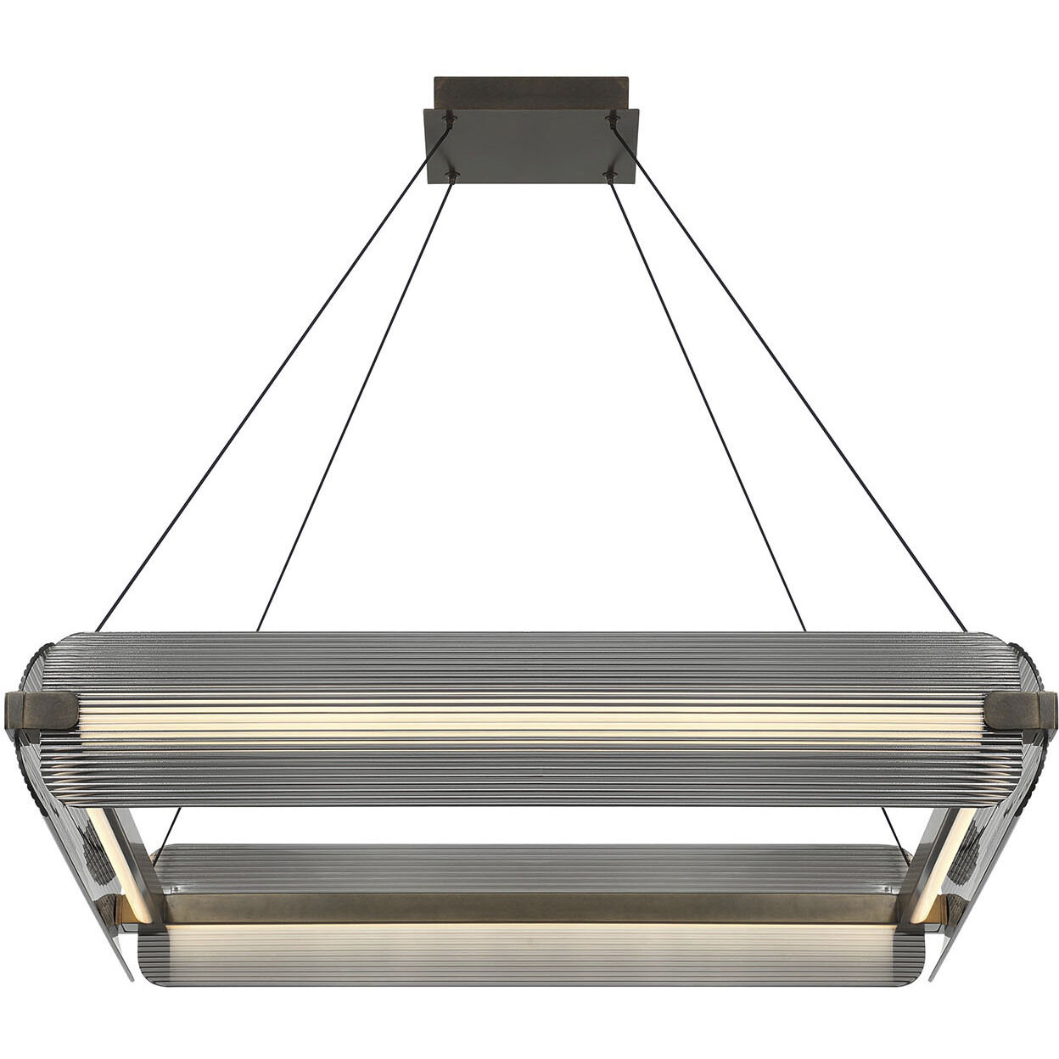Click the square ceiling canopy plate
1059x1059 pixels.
[530, 146]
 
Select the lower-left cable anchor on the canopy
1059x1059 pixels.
[452, 176]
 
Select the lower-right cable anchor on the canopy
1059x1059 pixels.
[608, 176]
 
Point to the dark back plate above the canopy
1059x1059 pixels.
[530, 92]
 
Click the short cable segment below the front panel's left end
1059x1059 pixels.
[169, 827]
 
